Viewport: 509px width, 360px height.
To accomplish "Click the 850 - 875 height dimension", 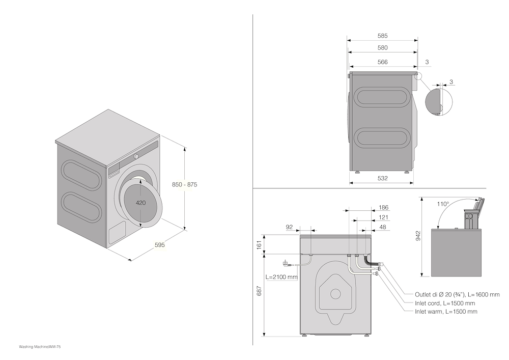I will pos(185,185).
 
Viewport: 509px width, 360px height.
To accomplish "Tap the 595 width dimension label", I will pos(160,245).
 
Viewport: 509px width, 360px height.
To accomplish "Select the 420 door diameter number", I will pos(141,203).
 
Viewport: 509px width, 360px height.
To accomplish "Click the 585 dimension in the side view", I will pos(382,36).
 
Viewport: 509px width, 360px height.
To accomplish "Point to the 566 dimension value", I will pos(382,62).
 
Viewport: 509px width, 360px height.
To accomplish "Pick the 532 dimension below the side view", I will pos(382,178).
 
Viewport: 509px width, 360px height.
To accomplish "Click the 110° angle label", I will pos(442,204).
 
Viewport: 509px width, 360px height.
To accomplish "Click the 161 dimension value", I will pos(259,245).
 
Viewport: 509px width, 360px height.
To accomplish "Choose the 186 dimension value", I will pos(384,208).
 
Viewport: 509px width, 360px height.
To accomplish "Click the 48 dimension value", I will pos(384,227).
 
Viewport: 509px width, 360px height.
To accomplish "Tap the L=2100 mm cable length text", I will pos(281,278).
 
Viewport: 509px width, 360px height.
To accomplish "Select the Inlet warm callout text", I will pos(446,312).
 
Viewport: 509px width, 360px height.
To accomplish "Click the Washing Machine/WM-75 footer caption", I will pos(40,346).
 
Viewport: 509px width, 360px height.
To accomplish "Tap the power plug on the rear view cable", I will pos(286,263).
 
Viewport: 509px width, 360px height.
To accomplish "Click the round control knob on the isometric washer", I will pos(136,156).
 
